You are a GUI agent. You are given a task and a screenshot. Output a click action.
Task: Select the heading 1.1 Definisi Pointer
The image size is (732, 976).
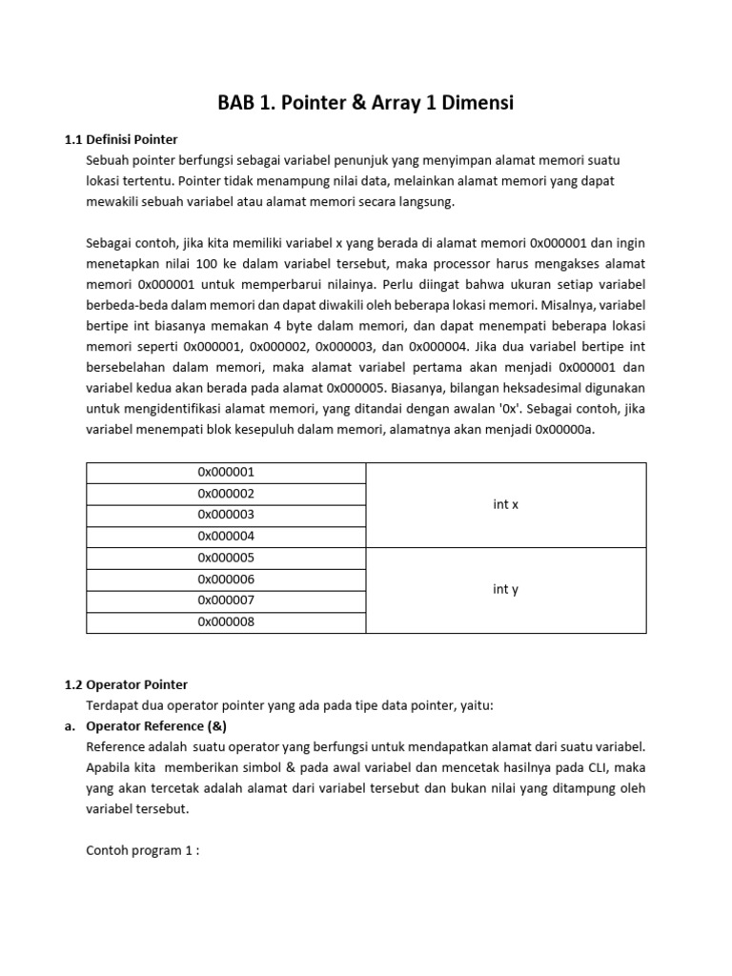coord(121,139)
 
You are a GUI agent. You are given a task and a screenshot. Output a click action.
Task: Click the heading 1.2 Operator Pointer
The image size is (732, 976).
coord(126,684)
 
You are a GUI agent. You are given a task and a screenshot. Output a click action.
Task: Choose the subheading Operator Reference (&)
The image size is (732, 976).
coord(156,725)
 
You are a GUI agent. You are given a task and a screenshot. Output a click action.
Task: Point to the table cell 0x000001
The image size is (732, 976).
coord(226,473)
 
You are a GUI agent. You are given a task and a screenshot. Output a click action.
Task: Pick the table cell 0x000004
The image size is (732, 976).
coord(226,536)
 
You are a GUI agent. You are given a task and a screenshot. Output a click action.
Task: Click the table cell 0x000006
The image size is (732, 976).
coord(226,579)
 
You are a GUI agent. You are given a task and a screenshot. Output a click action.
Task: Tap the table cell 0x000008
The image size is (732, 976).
coord(226,622)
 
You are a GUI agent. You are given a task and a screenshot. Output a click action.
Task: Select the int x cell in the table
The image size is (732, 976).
coord(505,504)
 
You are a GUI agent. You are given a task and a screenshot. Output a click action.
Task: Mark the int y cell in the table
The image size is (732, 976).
coord(505,590)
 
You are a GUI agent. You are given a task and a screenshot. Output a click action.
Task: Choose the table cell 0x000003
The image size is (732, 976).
coord(226,515)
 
